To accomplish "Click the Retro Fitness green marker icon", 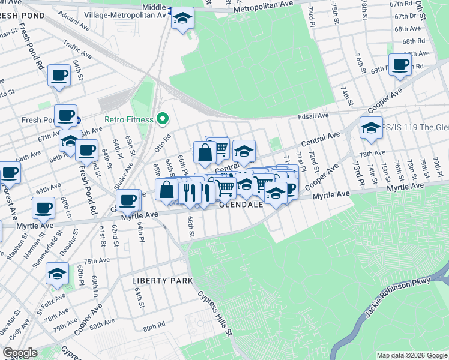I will (161, 119).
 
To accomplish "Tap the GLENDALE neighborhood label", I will (241, 205).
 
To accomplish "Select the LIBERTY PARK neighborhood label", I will (163, 281).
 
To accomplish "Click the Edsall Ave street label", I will (315, 116).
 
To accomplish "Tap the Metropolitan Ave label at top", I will (262, 6).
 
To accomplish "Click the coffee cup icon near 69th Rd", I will (399, 64).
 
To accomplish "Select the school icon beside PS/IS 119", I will (371, 128).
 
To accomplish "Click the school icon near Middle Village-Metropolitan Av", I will (182, 19).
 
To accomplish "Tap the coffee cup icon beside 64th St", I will (59, 75).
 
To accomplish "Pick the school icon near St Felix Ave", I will (57, 274).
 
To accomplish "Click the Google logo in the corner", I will (20, 353).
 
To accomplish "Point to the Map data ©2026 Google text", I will (412, 355).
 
